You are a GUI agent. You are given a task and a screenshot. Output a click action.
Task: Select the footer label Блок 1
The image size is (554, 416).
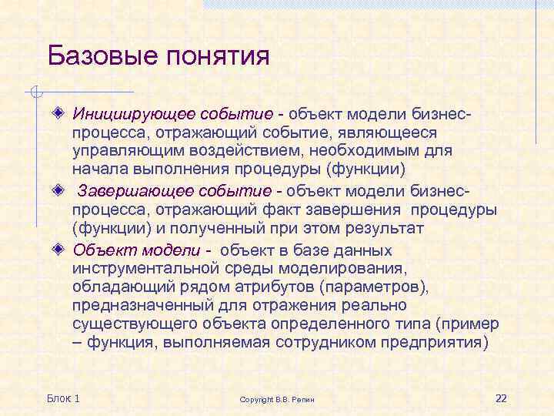(x=63, y=398)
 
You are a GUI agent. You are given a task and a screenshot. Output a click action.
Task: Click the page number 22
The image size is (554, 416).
(x=501, y=398)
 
